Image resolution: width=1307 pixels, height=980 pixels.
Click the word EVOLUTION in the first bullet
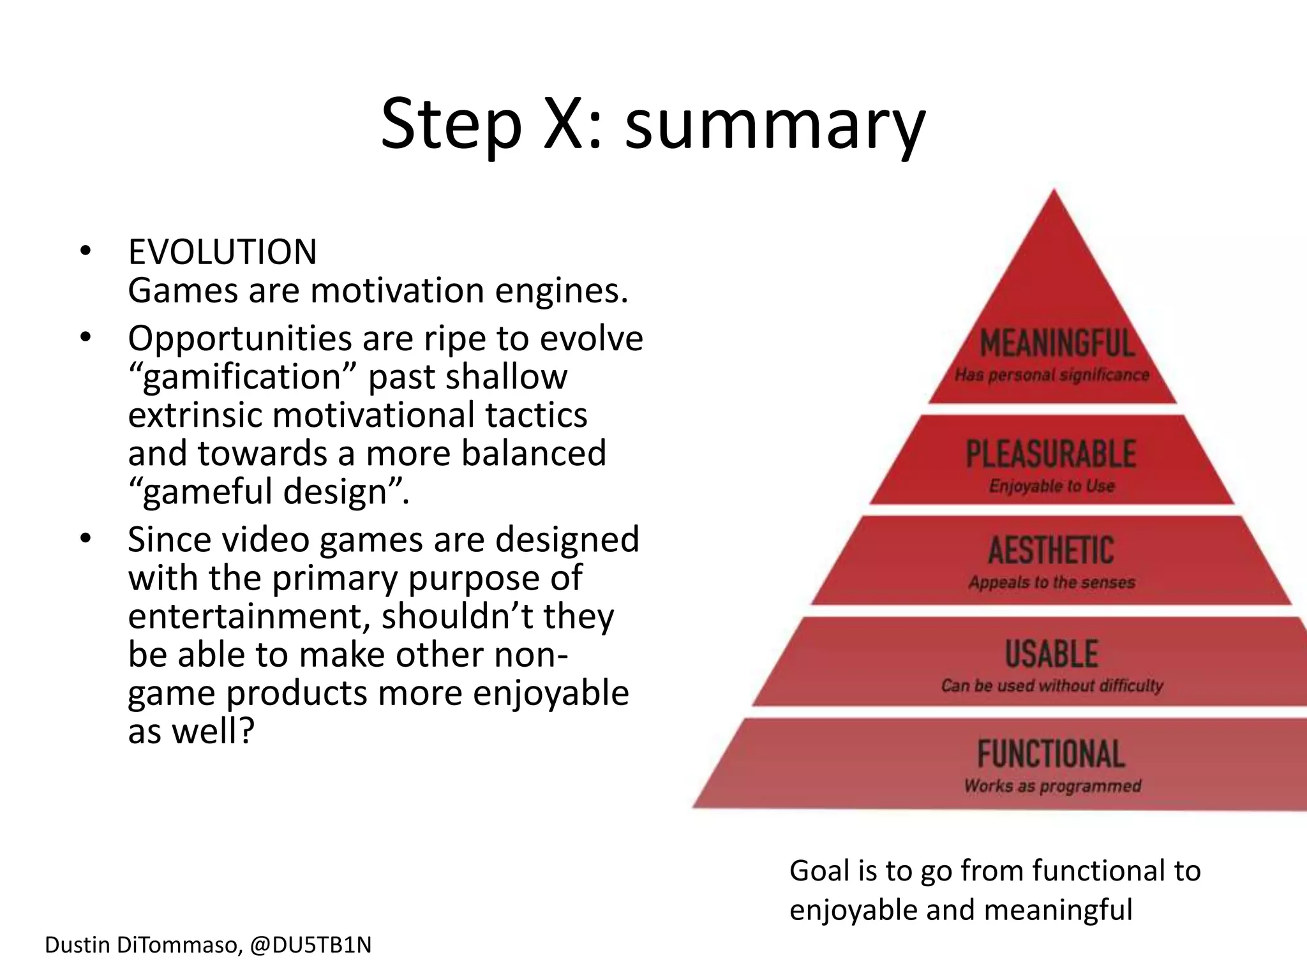222,252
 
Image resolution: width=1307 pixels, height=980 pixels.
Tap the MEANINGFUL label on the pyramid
1056,343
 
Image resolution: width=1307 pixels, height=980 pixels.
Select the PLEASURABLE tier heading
1051,454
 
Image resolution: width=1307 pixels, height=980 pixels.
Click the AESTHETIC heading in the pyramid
1051,551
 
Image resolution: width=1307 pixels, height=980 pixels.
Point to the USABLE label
1052,654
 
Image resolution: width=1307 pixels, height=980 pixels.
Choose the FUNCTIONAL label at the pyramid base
1051,754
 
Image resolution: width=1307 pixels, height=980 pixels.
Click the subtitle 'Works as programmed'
1052,786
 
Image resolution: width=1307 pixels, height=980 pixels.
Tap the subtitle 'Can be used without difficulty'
1052,686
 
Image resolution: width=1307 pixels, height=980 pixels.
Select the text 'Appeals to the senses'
1052,583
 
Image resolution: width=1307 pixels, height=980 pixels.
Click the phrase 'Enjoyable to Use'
1052,486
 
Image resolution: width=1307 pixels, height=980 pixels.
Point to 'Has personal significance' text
1052,375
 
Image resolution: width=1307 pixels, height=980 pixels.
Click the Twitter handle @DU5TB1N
311,945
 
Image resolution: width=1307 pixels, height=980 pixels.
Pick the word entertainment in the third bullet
249,617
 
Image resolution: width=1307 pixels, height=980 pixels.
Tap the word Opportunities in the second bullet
239,338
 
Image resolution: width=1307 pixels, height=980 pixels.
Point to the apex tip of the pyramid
1054,191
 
